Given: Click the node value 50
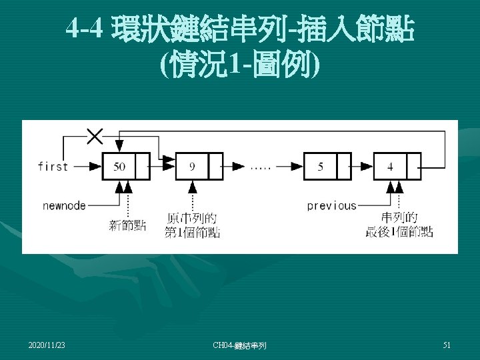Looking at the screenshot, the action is pos(119,167).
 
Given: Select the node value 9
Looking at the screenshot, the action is pos(192,167).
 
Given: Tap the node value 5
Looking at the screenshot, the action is pos(321,167).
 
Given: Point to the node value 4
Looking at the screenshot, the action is pos(390,167).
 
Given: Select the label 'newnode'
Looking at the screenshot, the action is pos(64,206).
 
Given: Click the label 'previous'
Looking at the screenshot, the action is pos(331,206).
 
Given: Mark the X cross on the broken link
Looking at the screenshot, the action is pos(95,137).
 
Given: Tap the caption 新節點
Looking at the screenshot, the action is pos(128,225).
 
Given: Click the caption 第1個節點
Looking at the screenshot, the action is pos(192,233).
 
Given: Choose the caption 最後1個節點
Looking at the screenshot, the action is pos(399,233).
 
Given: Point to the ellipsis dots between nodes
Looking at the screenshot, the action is pos(261,167).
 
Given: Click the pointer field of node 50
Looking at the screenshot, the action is pos(143,167).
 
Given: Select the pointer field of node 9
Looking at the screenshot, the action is pos(216,167).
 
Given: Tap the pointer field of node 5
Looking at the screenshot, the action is pos(344,167).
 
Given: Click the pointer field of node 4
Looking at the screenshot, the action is pos(413,167).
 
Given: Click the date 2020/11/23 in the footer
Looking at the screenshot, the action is pos(47,345).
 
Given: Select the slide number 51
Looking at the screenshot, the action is pos(447,345).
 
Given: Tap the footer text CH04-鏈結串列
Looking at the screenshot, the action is pos(239,345).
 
